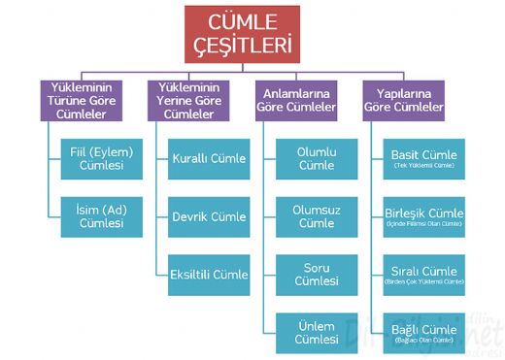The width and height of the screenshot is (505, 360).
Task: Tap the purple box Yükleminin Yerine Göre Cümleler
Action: tap(193, 100)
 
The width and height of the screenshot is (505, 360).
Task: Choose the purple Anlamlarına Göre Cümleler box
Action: tap(302, 100)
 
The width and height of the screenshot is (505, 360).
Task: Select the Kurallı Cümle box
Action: tap(208, 158)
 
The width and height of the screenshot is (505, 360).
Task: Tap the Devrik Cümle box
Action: tap(208, 216)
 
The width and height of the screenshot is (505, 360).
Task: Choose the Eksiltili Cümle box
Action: tap(208, 275)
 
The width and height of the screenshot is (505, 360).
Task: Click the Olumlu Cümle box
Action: tap(317, 158)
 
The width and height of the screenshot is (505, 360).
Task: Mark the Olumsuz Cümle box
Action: tap(317, 216)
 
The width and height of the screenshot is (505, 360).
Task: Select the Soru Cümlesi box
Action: tap(317, 275)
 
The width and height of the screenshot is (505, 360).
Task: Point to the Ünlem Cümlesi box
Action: tap(317, 332)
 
